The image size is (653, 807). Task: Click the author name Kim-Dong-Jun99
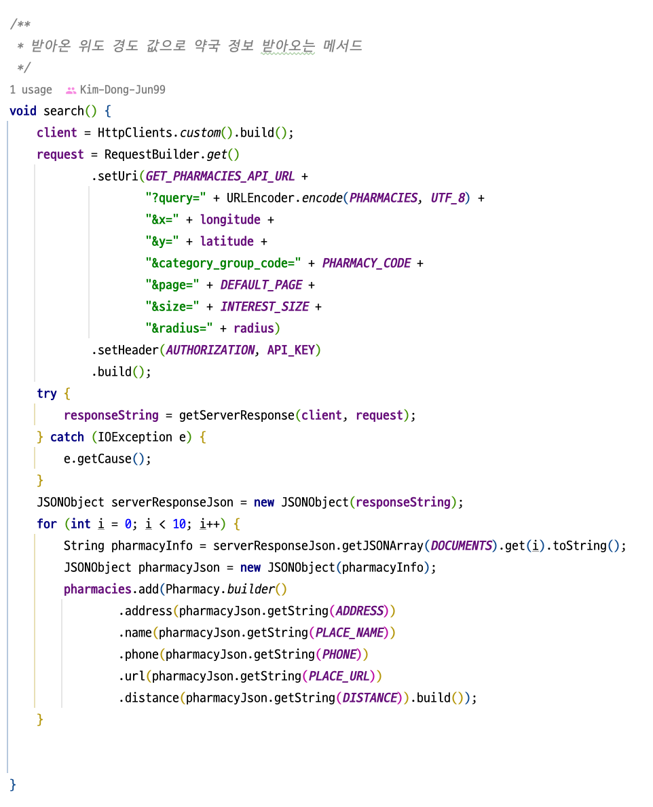tap(122, 90)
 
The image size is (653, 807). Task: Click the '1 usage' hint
tap(31, 90)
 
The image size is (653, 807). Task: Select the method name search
tap(64, 111)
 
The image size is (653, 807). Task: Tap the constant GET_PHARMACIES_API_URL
tap(220, 176)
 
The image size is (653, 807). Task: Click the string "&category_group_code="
tap(223, 263)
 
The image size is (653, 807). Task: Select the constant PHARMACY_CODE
tap(366, 263)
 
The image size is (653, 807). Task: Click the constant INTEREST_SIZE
tap(264, 306)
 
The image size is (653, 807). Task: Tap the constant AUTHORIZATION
tap(210, 350)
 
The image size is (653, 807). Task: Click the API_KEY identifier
tap(291, 350)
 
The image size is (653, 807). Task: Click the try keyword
tap(47, 393)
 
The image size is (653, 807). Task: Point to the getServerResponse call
tap(236, 415)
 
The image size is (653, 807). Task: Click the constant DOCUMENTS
tap(461, 545)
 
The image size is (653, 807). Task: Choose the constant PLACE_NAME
tap(349, 632)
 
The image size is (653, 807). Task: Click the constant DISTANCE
tap(369, 698)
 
